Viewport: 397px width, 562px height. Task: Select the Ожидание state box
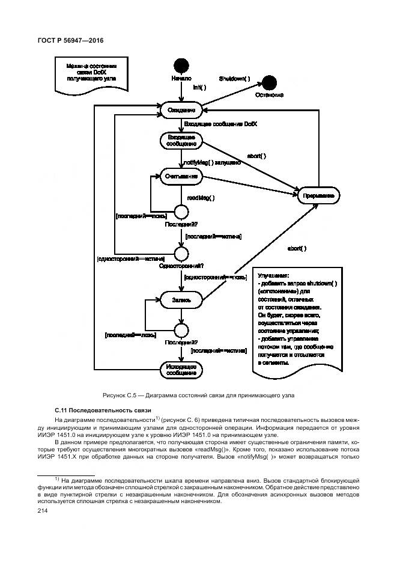181,110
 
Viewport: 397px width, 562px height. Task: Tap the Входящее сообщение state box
181,141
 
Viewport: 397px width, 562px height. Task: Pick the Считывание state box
181,176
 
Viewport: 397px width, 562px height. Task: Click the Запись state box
181,299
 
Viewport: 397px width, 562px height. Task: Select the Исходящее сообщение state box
181,370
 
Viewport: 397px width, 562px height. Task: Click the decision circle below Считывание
181,211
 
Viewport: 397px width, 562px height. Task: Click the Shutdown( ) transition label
234,79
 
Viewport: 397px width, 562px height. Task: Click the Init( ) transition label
199,87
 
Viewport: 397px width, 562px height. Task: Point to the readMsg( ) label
201,197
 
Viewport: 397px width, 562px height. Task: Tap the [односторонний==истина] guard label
126,259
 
